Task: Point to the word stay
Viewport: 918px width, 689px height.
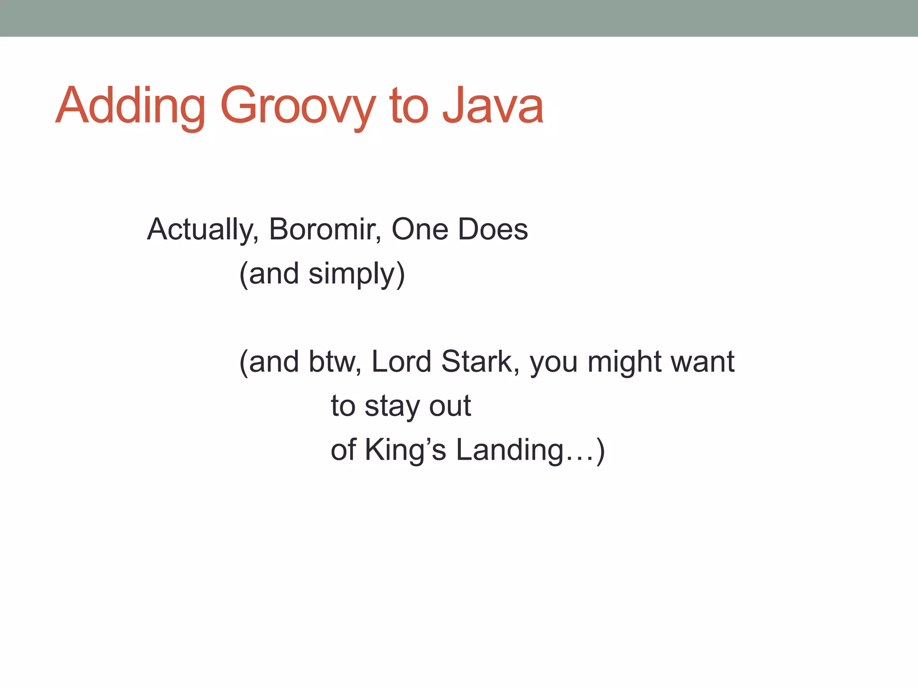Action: click(392, 406)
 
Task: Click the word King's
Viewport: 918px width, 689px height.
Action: click(405, 450)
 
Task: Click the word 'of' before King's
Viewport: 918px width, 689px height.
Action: click(343, 450)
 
